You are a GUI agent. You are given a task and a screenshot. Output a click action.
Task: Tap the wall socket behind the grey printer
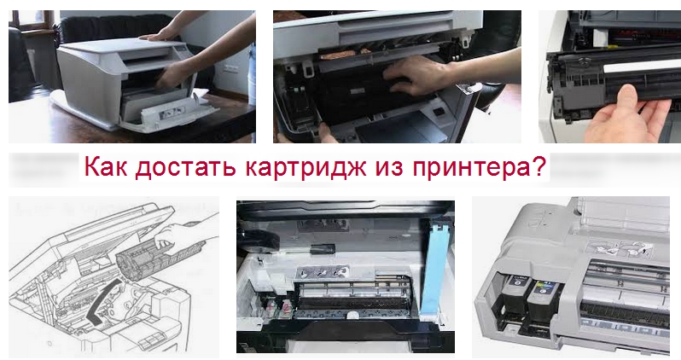pos(230,68)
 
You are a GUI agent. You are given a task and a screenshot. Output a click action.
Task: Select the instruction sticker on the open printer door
pos(168,114)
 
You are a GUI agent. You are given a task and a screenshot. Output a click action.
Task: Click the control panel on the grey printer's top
pos(183,54)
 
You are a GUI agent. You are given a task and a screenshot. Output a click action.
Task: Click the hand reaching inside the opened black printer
pos(411,75)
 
